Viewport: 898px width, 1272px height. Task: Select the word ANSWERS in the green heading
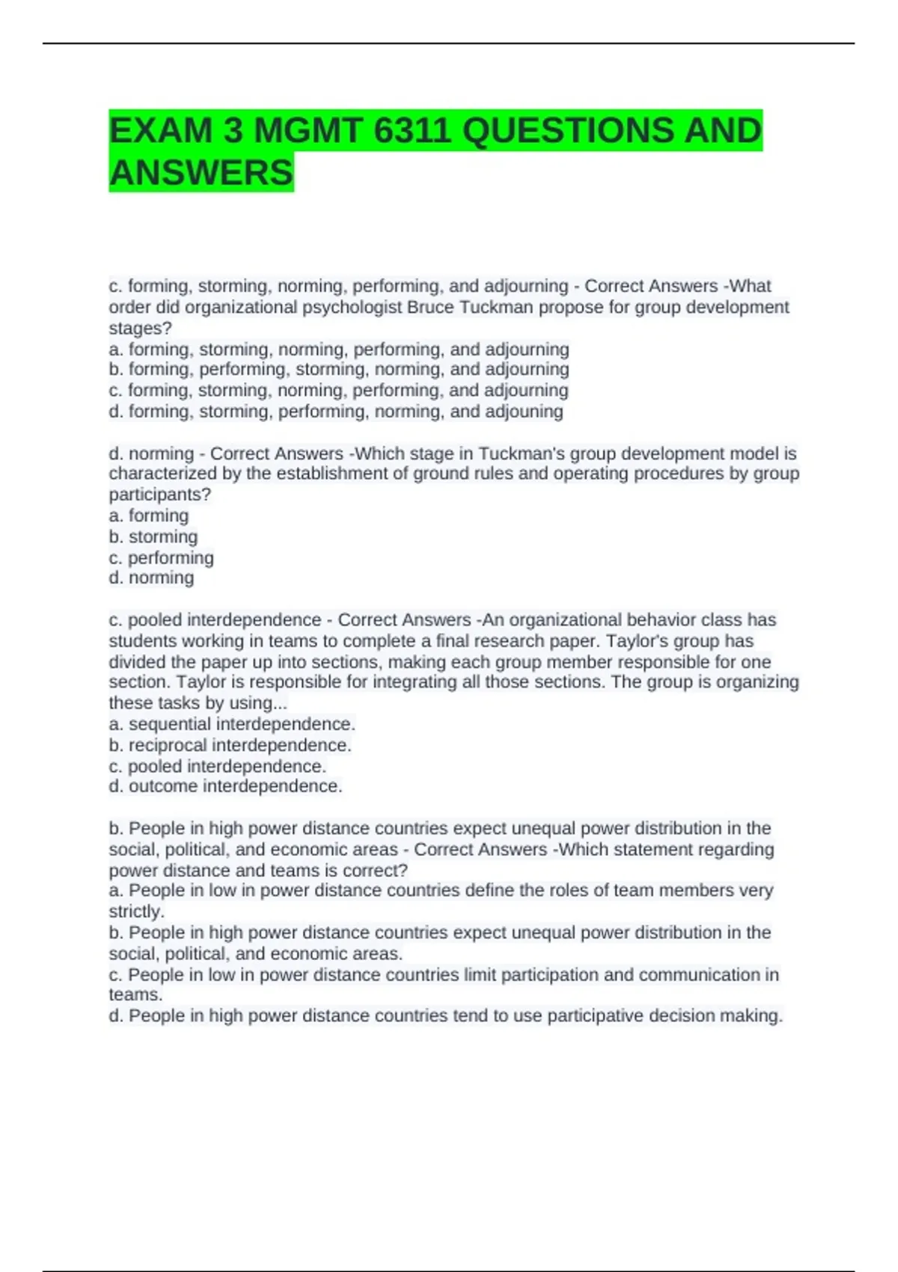[x=201, y=173]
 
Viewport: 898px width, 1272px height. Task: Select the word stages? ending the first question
[x=140, y=328]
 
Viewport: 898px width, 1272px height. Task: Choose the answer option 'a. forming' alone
[x=149, y=516]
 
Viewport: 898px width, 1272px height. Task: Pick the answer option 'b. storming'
[x=153, y=536]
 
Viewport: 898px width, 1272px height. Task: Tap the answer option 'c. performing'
[x=161, y=557]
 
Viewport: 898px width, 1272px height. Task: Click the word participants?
[x=159, y=495]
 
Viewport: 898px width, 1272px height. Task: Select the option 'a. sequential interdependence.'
[x=232, y=724]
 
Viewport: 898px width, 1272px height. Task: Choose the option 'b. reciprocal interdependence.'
[x=230, y=745]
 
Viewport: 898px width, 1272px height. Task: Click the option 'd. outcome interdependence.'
[x=225, y=786]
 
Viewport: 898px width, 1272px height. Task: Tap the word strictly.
[x=136, y=911]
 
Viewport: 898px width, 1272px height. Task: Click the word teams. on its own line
[x=135, y=994]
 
